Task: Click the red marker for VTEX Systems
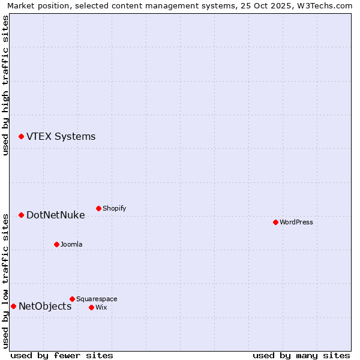click(21, 137)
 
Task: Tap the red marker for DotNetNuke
click(21, 215)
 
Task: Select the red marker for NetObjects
click(13, 306)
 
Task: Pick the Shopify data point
click(98, 208)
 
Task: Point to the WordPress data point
click(275, 222)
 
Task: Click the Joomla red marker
click(56, 244)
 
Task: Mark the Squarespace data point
click(72, 299)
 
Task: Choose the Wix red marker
click(91, 307)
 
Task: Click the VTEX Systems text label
click(61, 137)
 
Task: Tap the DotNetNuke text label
click(55, 215)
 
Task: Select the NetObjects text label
click(45, 307)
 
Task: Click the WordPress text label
click(296, 223)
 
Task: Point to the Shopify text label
click(114, 209)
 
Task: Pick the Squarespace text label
click(97, 299)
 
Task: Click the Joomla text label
click(71, 245)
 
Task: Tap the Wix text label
click(101, 308)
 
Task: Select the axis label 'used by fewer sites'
click(62, 355)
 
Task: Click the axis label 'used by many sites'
click(301, 355)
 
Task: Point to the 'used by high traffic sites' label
click(6, 85)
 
